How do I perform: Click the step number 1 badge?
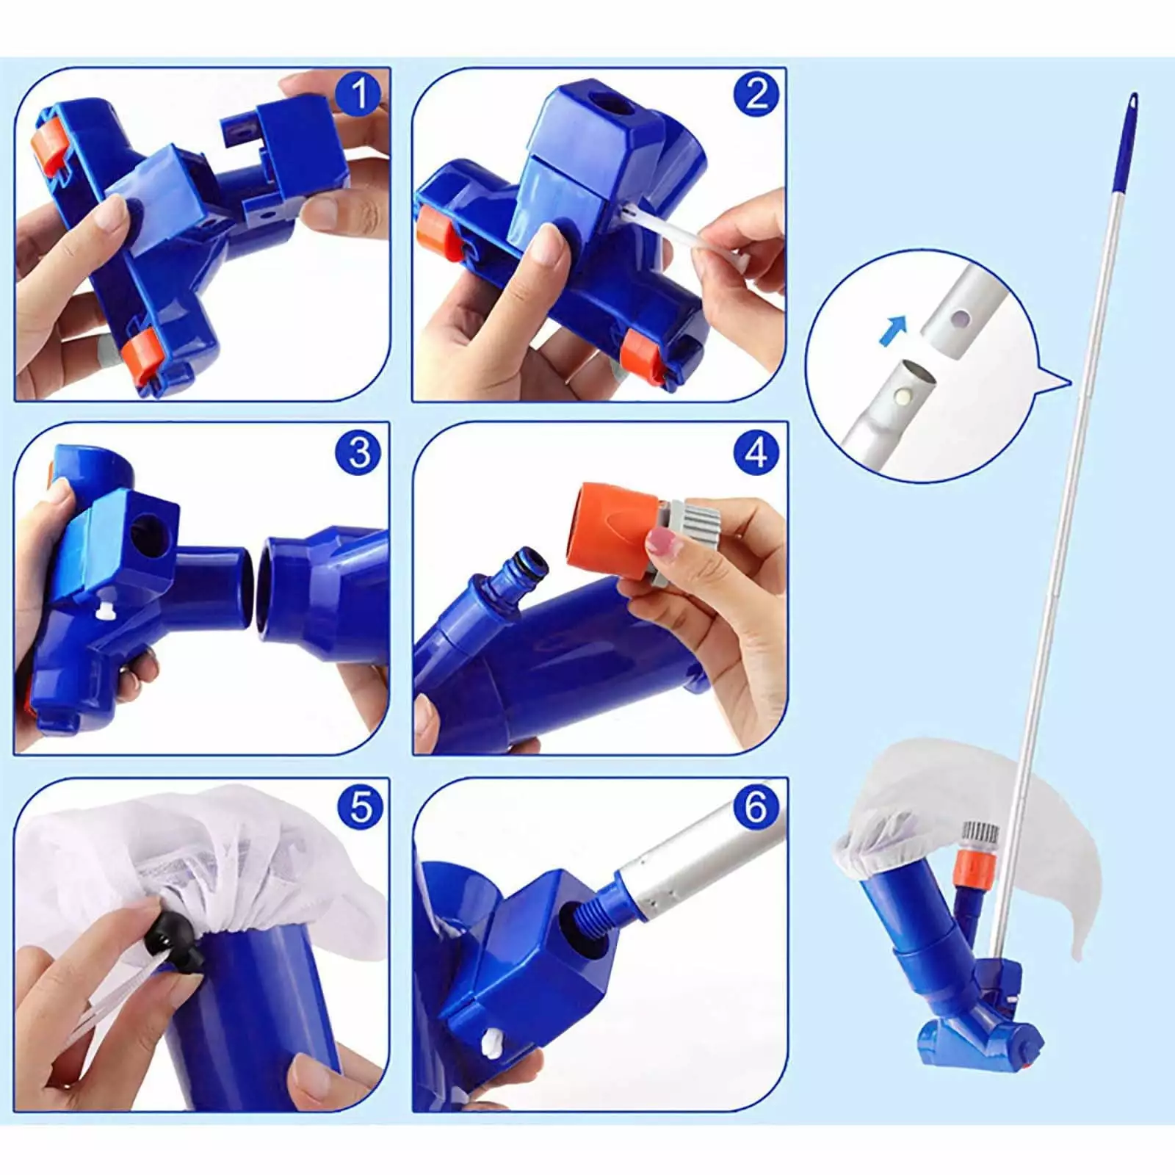(359, 95)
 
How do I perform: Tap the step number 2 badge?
(756, 95)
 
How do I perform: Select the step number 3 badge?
(359, 451)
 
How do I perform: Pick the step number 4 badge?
(756, 451)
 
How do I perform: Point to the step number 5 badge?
(359, 806)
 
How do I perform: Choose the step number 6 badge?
(756, 806)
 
